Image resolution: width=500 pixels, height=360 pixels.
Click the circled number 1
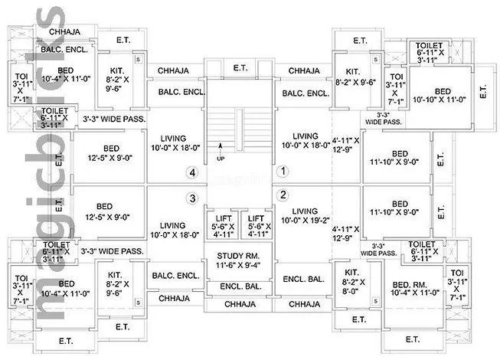coord(283,172)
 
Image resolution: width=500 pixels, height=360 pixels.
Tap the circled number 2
coord(283,194)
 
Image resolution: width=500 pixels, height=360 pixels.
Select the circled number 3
coord(192,198)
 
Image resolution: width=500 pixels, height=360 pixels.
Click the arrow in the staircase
coord(221,147)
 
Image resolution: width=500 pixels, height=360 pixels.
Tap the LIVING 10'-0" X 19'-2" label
coord(306,216)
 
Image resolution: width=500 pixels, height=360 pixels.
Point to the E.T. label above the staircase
coord(240,67)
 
